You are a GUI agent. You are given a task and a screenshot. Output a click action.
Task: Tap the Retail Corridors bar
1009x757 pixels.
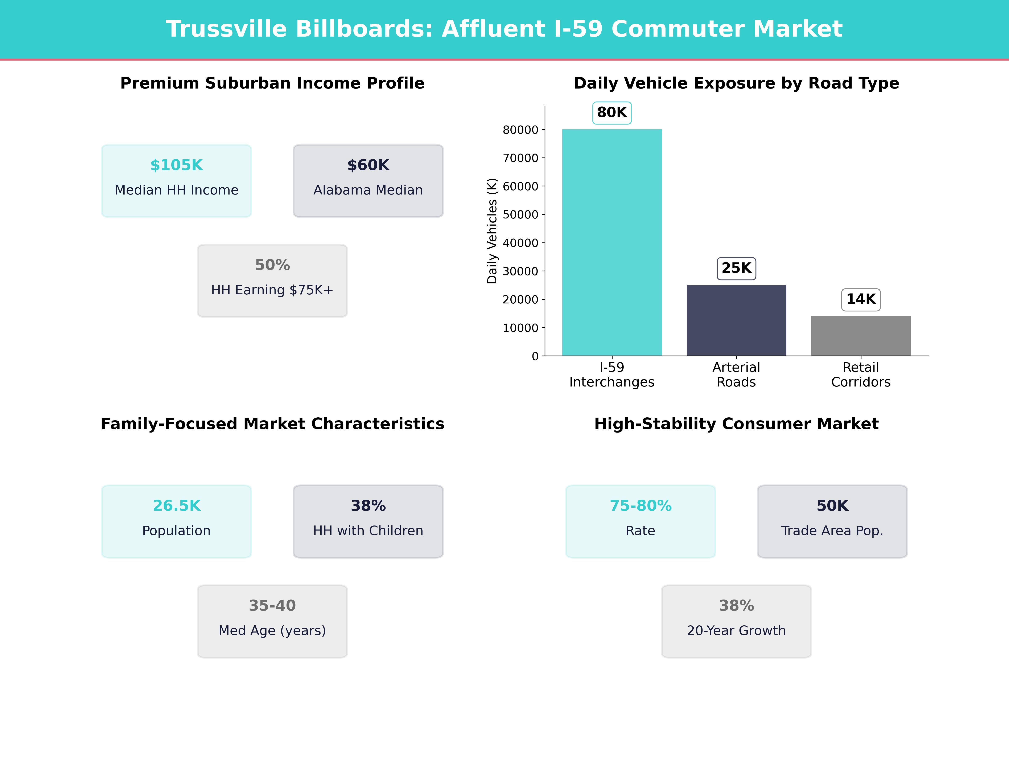[x=861, y=335]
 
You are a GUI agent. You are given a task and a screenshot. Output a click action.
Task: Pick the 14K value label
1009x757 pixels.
[x=861, y=299]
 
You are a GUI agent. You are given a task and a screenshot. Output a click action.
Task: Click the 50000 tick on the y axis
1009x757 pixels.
[x=520, y=214]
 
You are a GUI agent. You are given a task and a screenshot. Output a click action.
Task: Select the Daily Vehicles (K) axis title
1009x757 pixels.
[x=492, y=231]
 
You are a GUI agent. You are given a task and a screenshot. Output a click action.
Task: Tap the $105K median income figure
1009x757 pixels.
[x=177, y=165]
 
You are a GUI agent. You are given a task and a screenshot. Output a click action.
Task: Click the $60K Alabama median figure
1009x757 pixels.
[x=368, y=165]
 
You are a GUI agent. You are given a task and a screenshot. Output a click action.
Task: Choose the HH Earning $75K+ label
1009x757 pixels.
[x=272, y=290]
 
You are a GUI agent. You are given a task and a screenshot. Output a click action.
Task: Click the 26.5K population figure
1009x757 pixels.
[x=177, y=506]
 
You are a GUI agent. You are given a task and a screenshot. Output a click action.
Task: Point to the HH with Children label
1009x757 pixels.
[x=368, y=531]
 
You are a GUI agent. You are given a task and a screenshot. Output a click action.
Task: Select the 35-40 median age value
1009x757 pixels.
[x=272, y=606]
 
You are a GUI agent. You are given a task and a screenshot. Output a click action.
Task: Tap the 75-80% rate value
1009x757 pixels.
[x=641, y=506]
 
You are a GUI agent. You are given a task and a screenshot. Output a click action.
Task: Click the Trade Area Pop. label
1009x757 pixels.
[x=832, y=531]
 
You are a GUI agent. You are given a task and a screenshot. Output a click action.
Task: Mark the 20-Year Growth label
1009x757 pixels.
[x=736, y=631]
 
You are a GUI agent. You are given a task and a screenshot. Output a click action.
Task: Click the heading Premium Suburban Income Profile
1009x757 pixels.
[x=272, y=83]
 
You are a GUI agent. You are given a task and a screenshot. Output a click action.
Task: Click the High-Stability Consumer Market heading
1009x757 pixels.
[x=736, y=424]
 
